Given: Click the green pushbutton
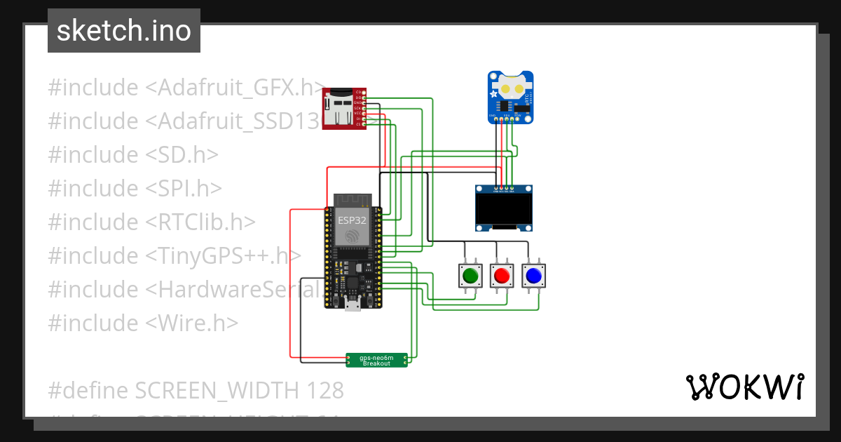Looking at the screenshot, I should tap(470, 276).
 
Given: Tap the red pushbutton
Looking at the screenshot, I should tap(501, 276).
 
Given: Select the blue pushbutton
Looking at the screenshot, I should tap(533, 276).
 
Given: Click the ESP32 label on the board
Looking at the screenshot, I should tap(352, 220).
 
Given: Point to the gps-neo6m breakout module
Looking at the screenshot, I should tap(376, 360).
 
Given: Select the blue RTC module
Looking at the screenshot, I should tap(510, 97).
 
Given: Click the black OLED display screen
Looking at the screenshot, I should tap(503, 209).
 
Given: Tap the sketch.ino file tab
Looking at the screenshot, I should tap(124, 31).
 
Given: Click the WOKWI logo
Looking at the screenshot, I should tap(744, 387).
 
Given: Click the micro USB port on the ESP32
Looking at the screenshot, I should tap(353, 304).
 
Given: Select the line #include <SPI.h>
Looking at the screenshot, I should tap(135, 188).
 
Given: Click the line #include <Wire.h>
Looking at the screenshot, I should tap(143, 323).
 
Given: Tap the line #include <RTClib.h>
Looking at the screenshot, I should tap(151, 222).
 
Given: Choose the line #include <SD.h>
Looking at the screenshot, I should tap(133, 154).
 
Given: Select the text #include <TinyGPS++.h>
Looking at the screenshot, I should tap(175, 255).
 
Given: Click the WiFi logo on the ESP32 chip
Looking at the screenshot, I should tap(352, 236).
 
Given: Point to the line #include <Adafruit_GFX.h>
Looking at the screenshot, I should tap(186, 88).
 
